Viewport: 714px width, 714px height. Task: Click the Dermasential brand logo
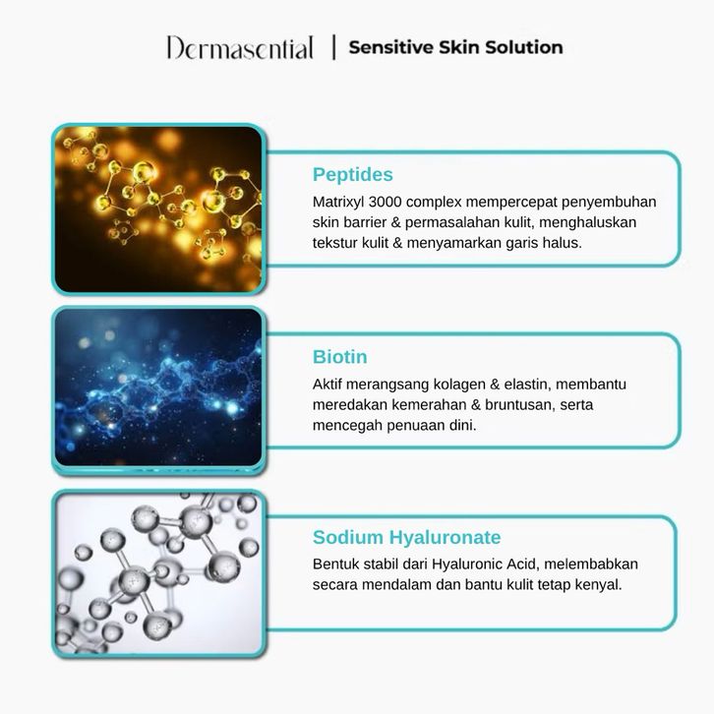(x=240, y=48)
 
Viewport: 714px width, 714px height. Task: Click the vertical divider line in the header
(x=334, y=47)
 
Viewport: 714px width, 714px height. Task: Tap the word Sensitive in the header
(x=390, y=47)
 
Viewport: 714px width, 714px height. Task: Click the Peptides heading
(x=352, y=174)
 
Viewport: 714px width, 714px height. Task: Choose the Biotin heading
(x=339, y=357)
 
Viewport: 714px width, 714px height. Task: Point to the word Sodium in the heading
(x=348, y=537)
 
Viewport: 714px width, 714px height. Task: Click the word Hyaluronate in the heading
(x=445, y=537)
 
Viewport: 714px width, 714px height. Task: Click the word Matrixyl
(x=338, y=202)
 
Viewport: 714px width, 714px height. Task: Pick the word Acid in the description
(x=523, y=565)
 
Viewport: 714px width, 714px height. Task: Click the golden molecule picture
(x=158, y=209)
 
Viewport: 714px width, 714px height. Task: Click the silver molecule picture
(x=158, y=573)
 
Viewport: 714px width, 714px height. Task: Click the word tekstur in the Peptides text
(x=335, y=243)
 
